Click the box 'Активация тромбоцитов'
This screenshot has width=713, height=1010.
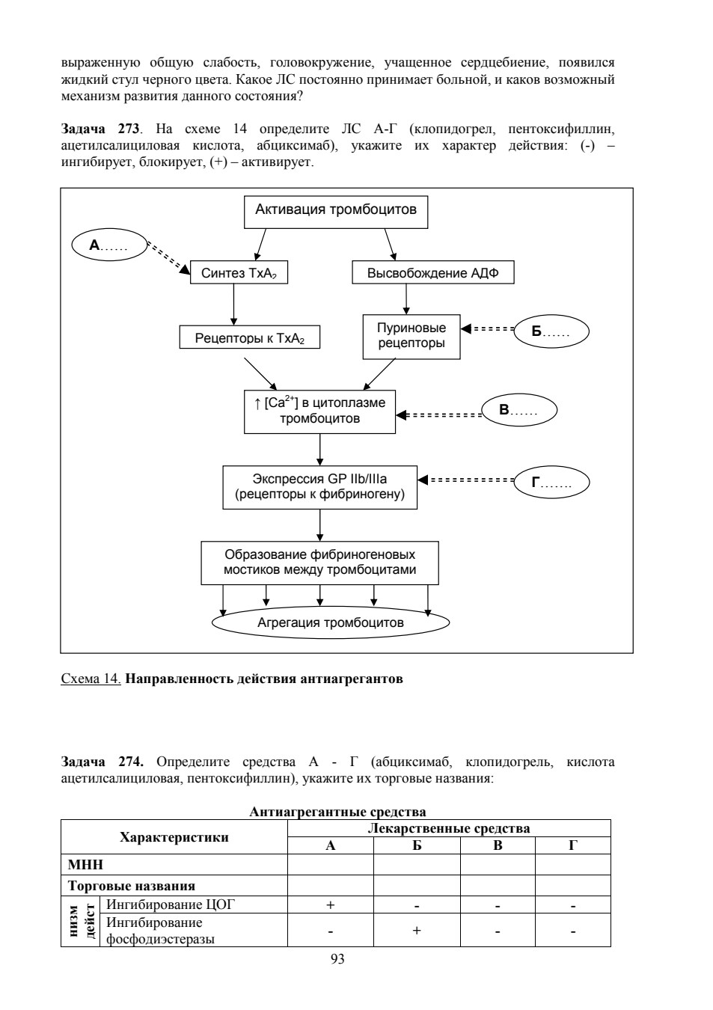point(335,212)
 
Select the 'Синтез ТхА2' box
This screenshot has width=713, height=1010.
point(239,272)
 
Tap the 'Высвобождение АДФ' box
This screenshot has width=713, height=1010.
point(433,272)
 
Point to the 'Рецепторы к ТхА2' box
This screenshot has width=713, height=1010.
point(249,337)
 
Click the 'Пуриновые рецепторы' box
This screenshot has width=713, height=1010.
point(411,337)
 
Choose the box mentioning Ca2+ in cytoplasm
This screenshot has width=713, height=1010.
point(319,411)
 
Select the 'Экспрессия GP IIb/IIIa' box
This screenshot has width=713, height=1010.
point(319,487)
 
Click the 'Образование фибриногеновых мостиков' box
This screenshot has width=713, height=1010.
point(319,563)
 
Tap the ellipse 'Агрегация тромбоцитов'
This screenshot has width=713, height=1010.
point(331,622)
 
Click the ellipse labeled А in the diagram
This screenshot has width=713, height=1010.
point(109,245)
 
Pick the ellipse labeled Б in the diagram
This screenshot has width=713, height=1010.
point(551,331)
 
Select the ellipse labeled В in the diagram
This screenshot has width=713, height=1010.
point(519,410)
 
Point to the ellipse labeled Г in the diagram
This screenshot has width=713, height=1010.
point(551,482)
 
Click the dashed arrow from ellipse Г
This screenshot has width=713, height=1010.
point(466,480)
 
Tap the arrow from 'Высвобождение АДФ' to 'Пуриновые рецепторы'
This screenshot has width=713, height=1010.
point(406,299)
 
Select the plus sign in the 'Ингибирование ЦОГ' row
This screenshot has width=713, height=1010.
point(330,905)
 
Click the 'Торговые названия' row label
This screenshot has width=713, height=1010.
point(131,886)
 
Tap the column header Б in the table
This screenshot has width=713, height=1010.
point(417,845)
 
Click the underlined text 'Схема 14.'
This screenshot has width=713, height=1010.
point(91,679)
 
